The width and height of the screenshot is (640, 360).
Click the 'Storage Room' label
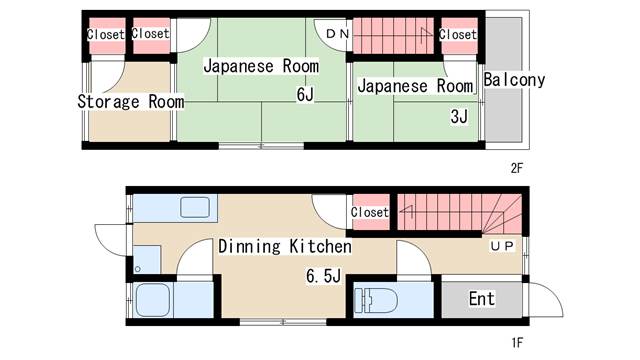pyautogui.click(x=131, y=101)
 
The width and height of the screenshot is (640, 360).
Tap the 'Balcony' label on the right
pyautogui.click(x=513, y=80)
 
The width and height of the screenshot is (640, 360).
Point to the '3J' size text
pyautogui.click(x=459, y=117)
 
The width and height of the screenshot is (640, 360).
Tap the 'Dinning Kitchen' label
pyautogui.click(x=284, y=246)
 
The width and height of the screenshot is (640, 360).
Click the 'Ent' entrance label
pyautogui.click(x=482, y=298)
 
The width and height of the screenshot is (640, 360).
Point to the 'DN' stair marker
pyautogui.click(x=338, y=35)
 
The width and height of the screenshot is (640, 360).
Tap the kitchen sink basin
pyautogui.click(x=196, y=208)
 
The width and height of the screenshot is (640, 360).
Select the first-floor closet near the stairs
pyautogui.click(x=369, y=212)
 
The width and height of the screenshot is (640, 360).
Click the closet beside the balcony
pyautogui.click(x=458, y=34)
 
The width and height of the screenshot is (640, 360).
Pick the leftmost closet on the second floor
pyautogui.click(x=105, y=34)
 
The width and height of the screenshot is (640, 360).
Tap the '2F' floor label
pyautogui.click(x=516, y=168)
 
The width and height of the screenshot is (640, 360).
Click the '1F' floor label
pyautogui.click(x=516, y=343)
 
